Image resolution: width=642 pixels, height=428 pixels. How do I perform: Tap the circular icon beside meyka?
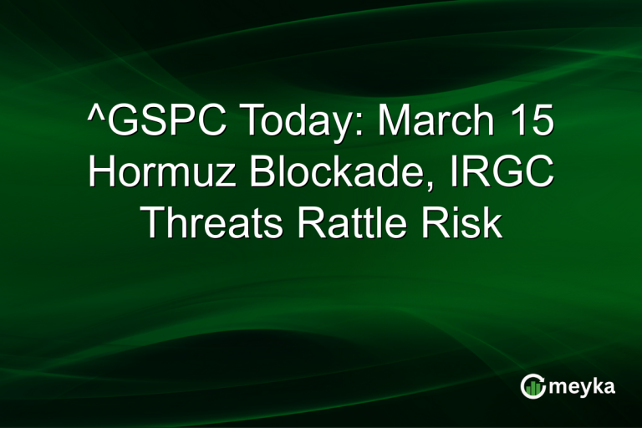(x=532, y=385)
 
